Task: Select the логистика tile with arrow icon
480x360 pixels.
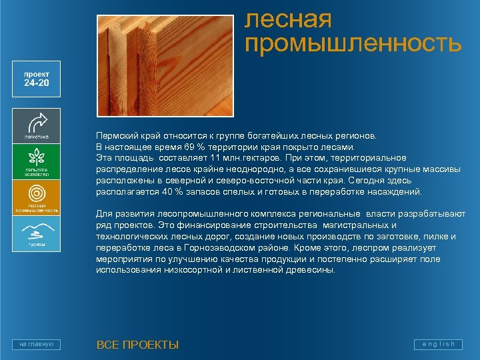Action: pyautogui.click(x=37, y=125)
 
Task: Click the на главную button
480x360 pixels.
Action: pyautogui.click(x=37, y=344)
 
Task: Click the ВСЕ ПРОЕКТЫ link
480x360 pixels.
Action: pyautogui.click(x=137, y=345)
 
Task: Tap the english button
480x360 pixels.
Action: pyautogui.click(x=437, y=344)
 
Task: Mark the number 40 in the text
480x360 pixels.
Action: pyautogui.click(x=167, y=191)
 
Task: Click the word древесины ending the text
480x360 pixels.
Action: pyautogui.click(x=314, y=271)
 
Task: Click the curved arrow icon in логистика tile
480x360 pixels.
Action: pyautogui.click(x=37, y=122)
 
